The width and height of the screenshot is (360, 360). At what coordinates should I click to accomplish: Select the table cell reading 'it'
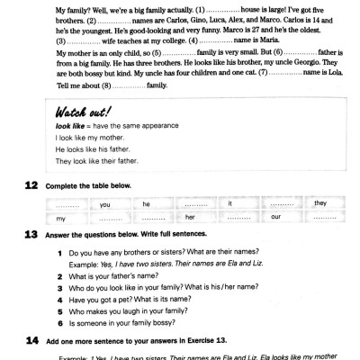(x=231, y=203)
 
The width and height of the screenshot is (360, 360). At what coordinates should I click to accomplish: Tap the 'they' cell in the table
(x=319, y=203)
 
